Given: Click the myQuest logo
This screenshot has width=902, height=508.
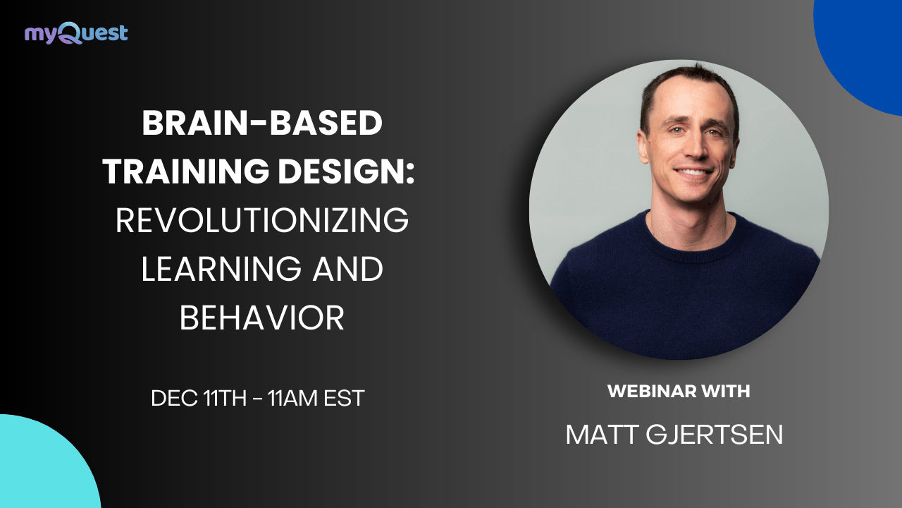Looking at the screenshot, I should (76, 33).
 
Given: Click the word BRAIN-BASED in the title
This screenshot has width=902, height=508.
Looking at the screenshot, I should (262, 125).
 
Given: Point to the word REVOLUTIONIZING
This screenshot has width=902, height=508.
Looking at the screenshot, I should (262, 222).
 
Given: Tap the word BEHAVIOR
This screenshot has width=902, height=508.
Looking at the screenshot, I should (262, 319).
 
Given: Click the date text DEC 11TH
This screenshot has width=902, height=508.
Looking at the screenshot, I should (197, 398).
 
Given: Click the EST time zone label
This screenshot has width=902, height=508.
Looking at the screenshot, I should (344, 398).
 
